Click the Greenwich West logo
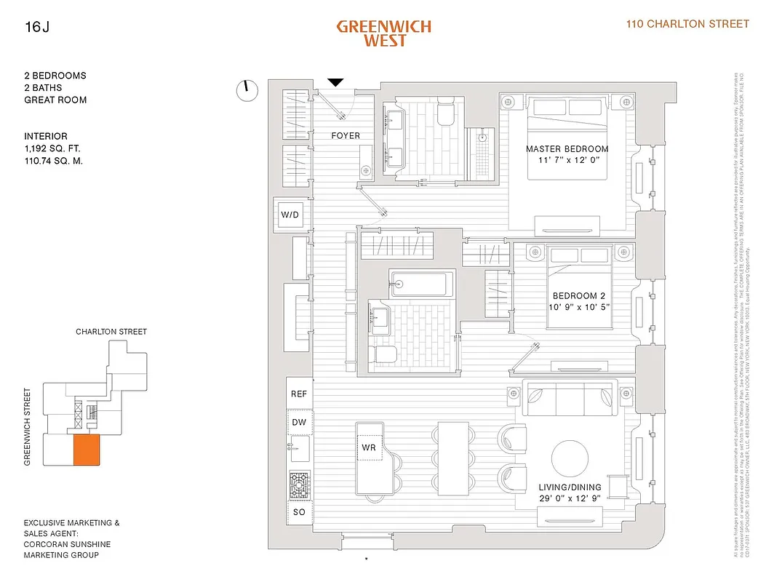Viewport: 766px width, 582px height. point(383,33)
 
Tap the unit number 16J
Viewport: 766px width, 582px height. point(34,28)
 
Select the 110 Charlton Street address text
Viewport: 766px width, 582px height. point(687,24)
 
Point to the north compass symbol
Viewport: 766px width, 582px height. point(247,89)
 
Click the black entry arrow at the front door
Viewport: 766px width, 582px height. point(335,82)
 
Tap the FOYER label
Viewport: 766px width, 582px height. point(346,135)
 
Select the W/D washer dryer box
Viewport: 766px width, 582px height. point(290,215)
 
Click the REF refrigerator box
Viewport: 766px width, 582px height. point(299,394)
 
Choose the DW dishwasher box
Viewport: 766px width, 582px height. point(299,422)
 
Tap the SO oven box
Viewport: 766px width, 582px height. point(299,512)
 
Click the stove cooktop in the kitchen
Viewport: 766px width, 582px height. point(299,484)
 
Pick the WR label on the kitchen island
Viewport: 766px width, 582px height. point(369,447)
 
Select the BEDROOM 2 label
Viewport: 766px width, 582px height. point(579,295)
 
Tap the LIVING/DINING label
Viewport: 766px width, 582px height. point(570,487)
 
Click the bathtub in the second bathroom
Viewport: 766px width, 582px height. point(421,284)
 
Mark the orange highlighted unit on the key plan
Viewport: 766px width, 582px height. point(86,450)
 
